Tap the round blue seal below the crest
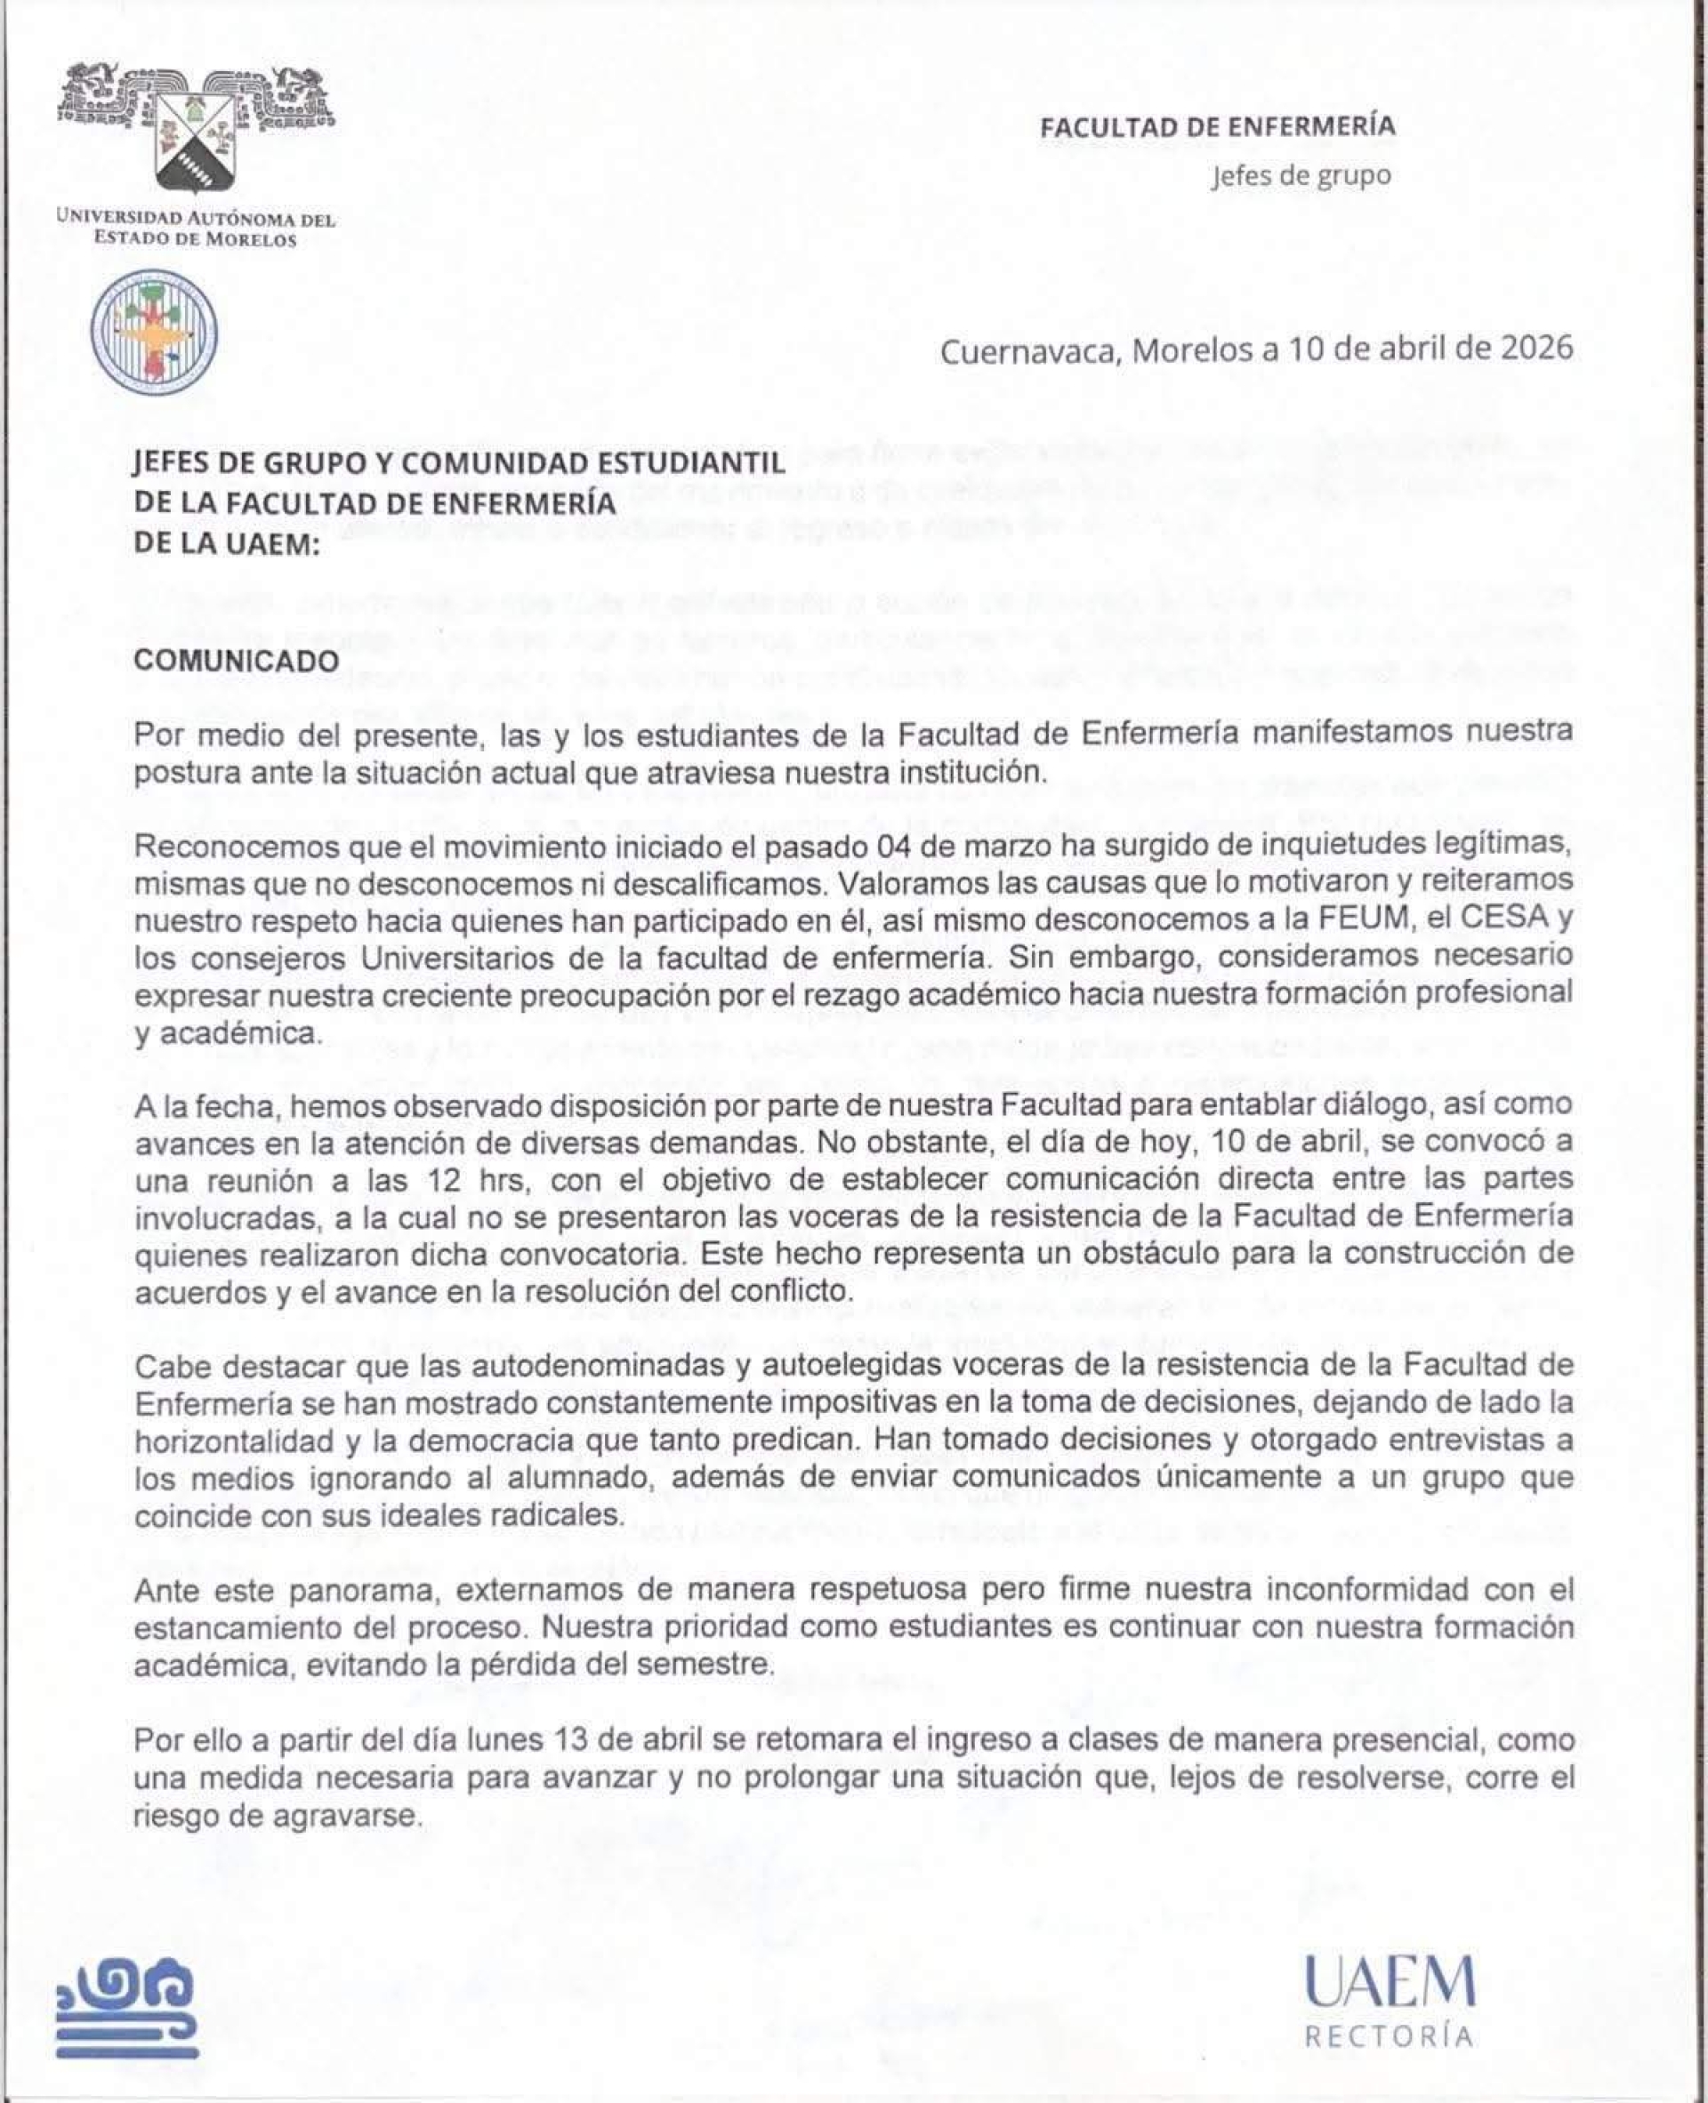[x=155, y=332]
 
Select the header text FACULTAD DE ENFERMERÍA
[x=1217, y=126]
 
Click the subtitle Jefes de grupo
[x=1301, y=176]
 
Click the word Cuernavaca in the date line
[x=1030, y=351]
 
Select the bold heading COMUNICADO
[x=236, y=660]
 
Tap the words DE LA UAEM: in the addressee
[x=227, y=544]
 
